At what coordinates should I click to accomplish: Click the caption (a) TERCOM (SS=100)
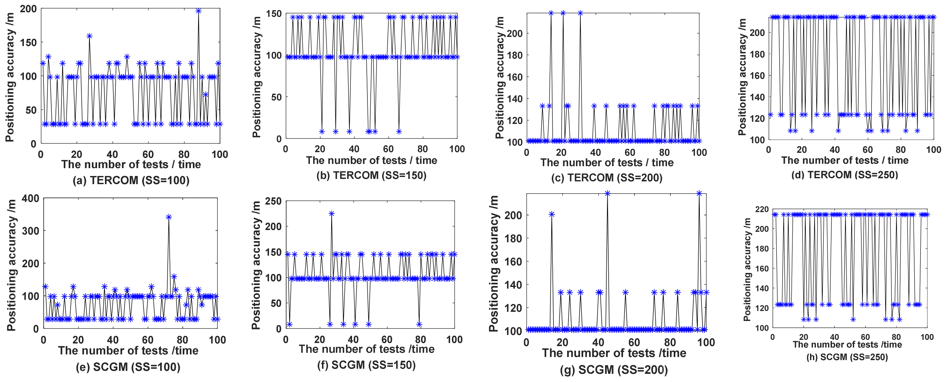131,180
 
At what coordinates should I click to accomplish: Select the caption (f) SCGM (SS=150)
366,365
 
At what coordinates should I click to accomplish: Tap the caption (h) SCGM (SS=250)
847,357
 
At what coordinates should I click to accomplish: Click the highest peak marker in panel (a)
198,11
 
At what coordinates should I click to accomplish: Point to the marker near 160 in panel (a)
89,36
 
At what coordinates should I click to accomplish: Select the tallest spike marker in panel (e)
169,217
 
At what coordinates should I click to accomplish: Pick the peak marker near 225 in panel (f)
331,214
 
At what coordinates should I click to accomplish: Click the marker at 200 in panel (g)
551,214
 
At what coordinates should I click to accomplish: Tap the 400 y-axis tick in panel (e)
30,199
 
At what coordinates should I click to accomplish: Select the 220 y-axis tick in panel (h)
762,209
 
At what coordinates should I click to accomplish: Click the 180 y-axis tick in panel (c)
515,55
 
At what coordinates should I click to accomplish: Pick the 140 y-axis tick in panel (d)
757,97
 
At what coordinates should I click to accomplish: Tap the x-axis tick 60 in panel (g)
634,342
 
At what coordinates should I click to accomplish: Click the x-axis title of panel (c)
607,162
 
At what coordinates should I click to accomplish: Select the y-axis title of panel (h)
747,269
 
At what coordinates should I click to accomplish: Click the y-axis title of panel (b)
257,77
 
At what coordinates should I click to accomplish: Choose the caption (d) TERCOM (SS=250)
845,174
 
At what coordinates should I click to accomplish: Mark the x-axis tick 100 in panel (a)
219,154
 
